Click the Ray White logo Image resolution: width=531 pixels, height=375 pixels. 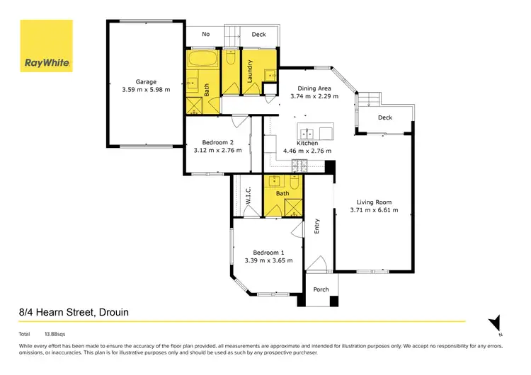point(46,46)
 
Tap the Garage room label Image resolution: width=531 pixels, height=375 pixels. point(147,81)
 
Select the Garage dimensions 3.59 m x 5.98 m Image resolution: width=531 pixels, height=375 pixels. point(147,91)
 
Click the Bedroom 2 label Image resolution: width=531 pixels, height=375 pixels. point(218,142)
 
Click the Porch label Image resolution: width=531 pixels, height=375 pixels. point(321,289)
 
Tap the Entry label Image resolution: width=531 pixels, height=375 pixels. point(317,226)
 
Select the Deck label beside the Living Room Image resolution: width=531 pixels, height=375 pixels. point(385,117)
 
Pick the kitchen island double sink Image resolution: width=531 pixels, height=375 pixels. point(309,133)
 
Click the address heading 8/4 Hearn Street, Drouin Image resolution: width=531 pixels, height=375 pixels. point(74,312)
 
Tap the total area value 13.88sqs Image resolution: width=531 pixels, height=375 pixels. point(55,333)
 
